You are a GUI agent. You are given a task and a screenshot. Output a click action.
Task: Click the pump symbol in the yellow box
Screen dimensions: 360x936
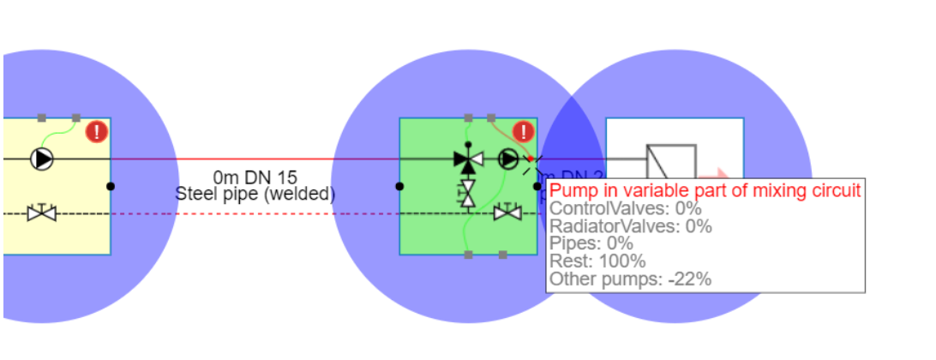(x=41, y=159)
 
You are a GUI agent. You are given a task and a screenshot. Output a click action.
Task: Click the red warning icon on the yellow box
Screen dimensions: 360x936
(x=97, y=131)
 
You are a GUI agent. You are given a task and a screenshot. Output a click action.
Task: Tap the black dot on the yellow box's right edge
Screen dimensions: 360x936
(x=111, y=186)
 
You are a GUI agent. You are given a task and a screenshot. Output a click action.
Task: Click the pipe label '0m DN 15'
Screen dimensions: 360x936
(x=255, y=177)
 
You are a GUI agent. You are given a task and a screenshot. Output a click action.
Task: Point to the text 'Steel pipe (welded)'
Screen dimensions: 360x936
(x=255, y=194)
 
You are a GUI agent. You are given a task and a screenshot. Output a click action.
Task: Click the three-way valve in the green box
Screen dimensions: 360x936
(x=468, y=159)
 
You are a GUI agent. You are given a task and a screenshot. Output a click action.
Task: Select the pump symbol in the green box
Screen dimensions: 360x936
(x=508, y=159)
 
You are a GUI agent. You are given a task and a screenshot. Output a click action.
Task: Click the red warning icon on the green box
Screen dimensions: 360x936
(x=523, y=131)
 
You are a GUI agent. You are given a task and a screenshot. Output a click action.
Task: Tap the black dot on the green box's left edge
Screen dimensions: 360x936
(x=399, y=186)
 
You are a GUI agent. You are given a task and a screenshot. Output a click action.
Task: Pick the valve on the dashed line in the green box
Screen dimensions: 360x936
(x=508, y=212)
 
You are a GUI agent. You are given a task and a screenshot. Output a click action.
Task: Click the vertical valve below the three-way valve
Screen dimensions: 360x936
(x=468, y=193)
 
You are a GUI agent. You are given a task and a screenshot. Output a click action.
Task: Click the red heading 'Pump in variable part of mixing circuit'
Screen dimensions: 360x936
(x=705, y=191)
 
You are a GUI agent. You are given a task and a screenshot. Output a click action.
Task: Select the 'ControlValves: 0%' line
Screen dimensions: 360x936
(x=626, y=209)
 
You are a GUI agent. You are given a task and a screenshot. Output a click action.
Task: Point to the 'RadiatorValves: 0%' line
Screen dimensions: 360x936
(x=631, y=226)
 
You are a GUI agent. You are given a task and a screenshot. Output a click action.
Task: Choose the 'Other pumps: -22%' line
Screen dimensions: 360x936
(x=630, y=279)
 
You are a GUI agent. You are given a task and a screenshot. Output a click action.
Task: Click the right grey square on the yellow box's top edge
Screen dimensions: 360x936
(x=76, y=117)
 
